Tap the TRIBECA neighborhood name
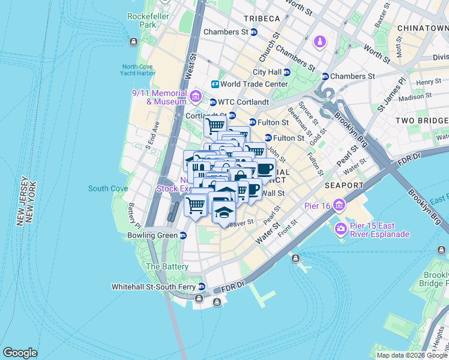click(x=262, y=19)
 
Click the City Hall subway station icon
click(x=286, y=72)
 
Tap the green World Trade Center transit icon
click(x=215, y=85)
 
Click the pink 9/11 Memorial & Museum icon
click(x=195, y=96)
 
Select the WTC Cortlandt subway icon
click(x=212, y=102)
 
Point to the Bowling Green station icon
click(x=182, y=236)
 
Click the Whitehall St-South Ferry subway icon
click(x=202, y=287)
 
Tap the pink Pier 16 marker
click(x=340, y=206)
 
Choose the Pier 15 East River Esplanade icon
click(x=341, y=228)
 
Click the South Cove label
click(x=107, y=188)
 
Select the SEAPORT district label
click(x=344, y=185)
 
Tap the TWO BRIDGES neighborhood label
click(x=421, y=121)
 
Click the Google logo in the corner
click(x=20, y=352)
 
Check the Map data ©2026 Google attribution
click(x=411, y=355)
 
